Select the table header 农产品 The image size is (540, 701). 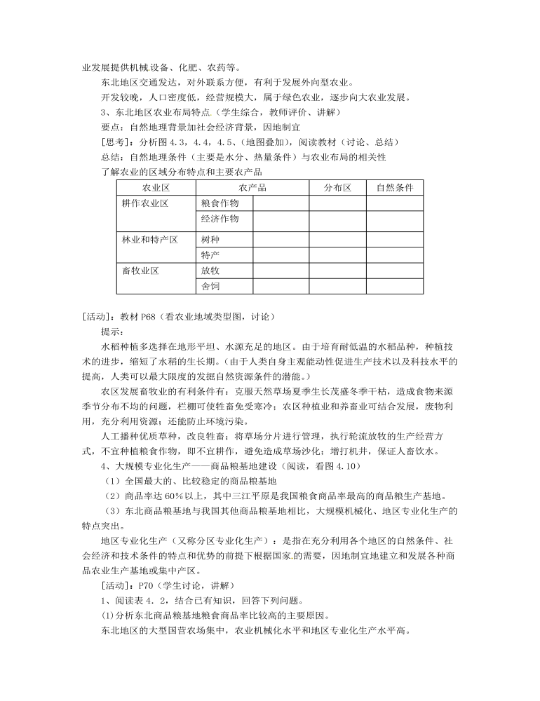coord(252,187)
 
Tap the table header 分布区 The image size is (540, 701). coord(337,187)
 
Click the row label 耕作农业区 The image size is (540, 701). coord(145,203)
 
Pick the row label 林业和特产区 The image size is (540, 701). coord(150,240)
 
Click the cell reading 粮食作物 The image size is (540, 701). coord(220,203)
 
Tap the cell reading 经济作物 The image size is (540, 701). coord(220,219)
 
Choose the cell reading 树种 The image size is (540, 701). coord(210,240)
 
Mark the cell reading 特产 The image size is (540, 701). coord(210,254)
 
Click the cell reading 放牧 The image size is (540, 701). coord(210,271)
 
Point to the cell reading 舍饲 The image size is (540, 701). coord(210,286)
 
